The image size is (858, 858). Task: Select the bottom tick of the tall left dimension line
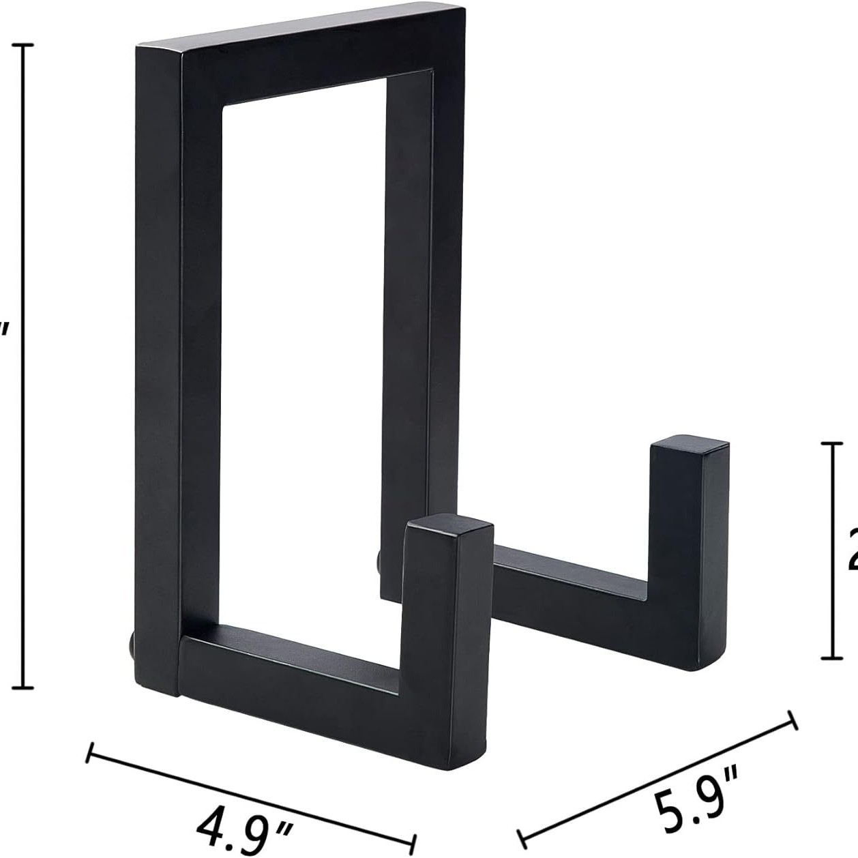point(24,687)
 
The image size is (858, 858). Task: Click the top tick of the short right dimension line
point(831,443)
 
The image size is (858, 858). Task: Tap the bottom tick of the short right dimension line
point(831,657)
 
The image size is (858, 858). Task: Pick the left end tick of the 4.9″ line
point(89,752)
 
